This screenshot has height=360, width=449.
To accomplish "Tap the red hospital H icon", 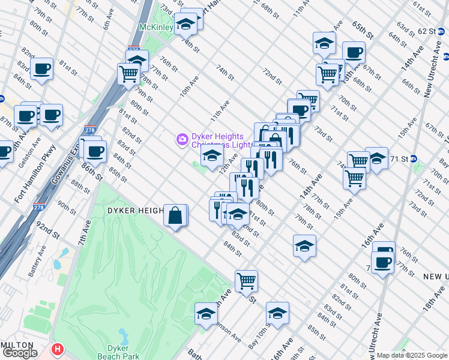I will tap(58, 349).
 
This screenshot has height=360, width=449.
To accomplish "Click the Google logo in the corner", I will tap(20, 353).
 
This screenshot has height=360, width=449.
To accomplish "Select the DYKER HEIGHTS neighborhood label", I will tap(135, 211).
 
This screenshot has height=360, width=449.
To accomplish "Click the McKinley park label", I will tap(156, 28).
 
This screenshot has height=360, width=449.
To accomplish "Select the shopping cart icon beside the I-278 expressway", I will tap(128, 74).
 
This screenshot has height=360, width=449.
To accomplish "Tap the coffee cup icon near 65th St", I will tap(354, 52).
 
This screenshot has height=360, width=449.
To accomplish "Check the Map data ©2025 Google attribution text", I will tap(412, 355).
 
